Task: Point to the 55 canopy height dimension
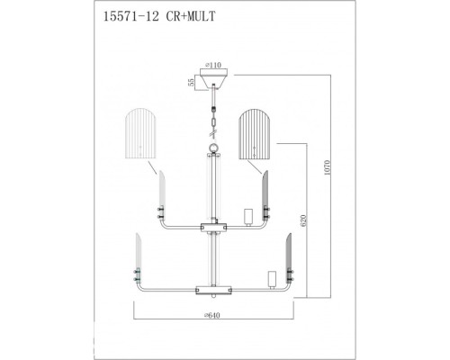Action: point(189,82)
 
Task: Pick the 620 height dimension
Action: point(305,219)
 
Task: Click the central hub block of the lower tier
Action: point(213,290)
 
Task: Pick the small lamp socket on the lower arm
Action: point(269,278)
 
